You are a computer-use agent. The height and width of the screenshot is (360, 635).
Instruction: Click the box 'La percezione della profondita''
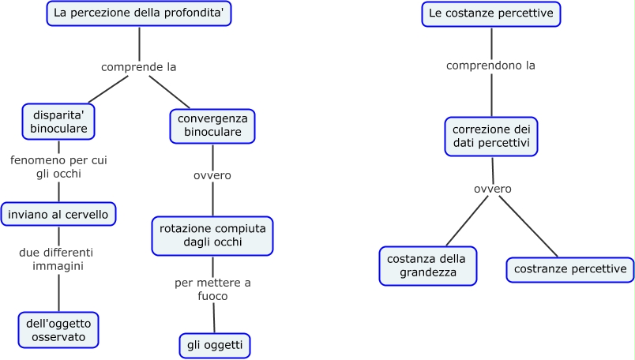(139, 13)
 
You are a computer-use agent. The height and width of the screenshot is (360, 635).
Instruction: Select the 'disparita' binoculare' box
(58, 121)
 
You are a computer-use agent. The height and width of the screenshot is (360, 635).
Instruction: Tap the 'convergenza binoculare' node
(212, 126)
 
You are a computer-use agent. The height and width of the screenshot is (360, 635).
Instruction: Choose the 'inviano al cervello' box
(59, 214)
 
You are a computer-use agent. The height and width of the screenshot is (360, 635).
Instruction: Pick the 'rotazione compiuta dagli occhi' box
(212, 235)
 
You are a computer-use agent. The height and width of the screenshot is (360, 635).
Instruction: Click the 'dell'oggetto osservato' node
(58, 329)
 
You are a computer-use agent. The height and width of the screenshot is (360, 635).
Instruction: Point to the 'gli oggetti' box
(214, 345)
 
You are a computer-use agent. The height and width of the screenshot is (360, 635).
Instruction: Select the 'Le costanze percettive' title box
(490, 13)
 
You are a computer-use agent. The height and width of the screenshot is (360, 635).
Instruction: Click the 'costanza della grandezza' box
(428, 265)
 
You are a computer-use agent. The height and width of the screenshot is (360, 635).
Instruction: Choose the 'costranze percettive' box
(569, 269)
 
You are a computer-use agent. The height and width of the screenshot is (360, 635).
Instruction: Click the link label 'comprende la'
(138, 67)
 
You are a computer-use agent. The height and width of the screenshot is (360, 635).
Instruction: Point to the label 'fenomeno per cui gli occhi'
(58, 167)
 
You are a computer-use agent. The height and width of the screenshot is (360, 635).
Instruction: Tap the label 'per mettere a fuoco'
(212, 289)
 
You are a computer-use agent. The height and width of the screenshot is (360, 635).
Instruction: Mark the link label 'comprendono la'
(490, 66)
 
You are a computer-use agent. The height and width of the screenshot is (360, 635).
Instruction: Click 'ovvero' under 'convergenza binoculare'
(212, 175)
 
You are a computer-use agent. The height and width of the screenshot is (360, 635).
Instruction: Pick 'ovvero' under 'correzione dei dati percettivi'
(493, 189)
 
